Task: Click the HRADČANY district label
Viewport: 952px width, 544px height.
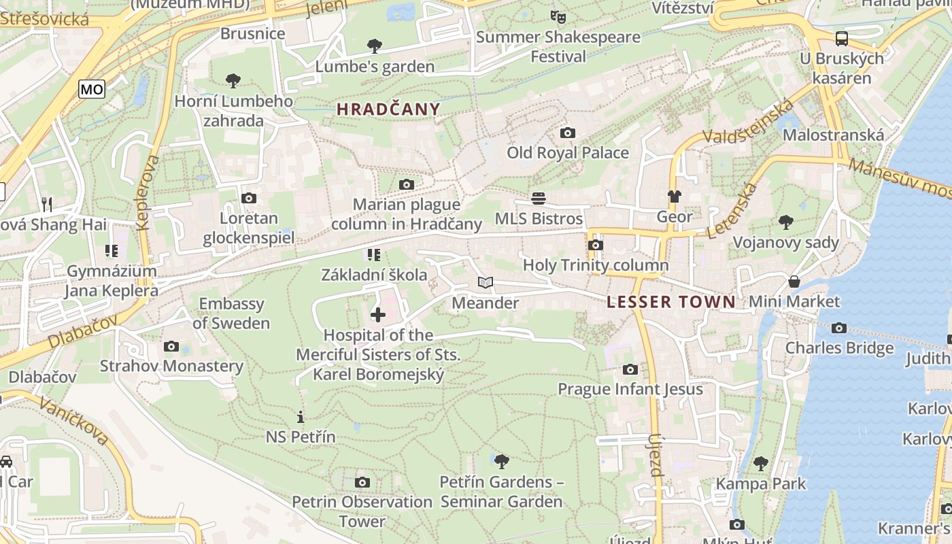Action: coord(388,109)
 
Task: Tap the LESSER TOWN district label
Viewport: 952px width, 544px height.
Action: coord(670,302)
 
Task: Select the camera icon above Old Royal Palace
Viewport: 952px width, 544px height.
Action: coord(567,133)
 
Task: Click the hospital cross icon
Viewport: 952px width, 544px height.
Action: coord(378,314)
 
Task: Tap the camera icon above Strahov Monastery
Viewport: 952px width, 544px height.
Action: coord(171,346)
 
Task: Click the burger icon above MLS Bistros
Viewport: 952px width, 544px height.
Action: coord(539,199)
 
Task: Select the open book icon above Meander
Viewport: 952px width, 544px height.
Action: coord(485,283)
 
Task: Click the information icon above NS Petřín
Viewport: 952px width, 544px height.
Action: coord(301,417)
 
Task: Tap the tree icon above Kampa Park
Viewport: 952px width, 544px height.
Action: coord(760,464)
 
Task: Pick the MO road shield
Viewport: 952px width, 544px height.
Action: coord(92,89)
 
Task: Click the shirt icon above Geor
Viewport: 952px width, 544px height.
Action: coord(674,197)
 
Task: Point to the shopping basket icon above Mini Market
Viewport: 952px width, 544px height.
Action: coord(794,282)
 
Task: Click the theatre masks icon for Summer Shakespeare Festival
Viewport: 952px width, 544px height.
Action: coord(558,16)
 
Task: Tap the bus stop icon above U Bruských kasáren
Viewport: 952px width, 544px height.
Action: coord(842,38)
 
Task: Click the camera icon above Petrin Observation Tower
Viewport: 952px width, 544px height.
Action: coord(362,482)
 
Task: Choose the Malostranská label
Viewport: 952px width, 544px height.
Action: coord(833,135)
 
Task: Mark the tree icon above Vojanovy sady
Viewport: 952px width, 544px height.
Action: coord(785,222)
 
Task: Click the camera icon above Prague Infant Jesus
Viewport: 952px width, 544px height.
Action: coord(630,369)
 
